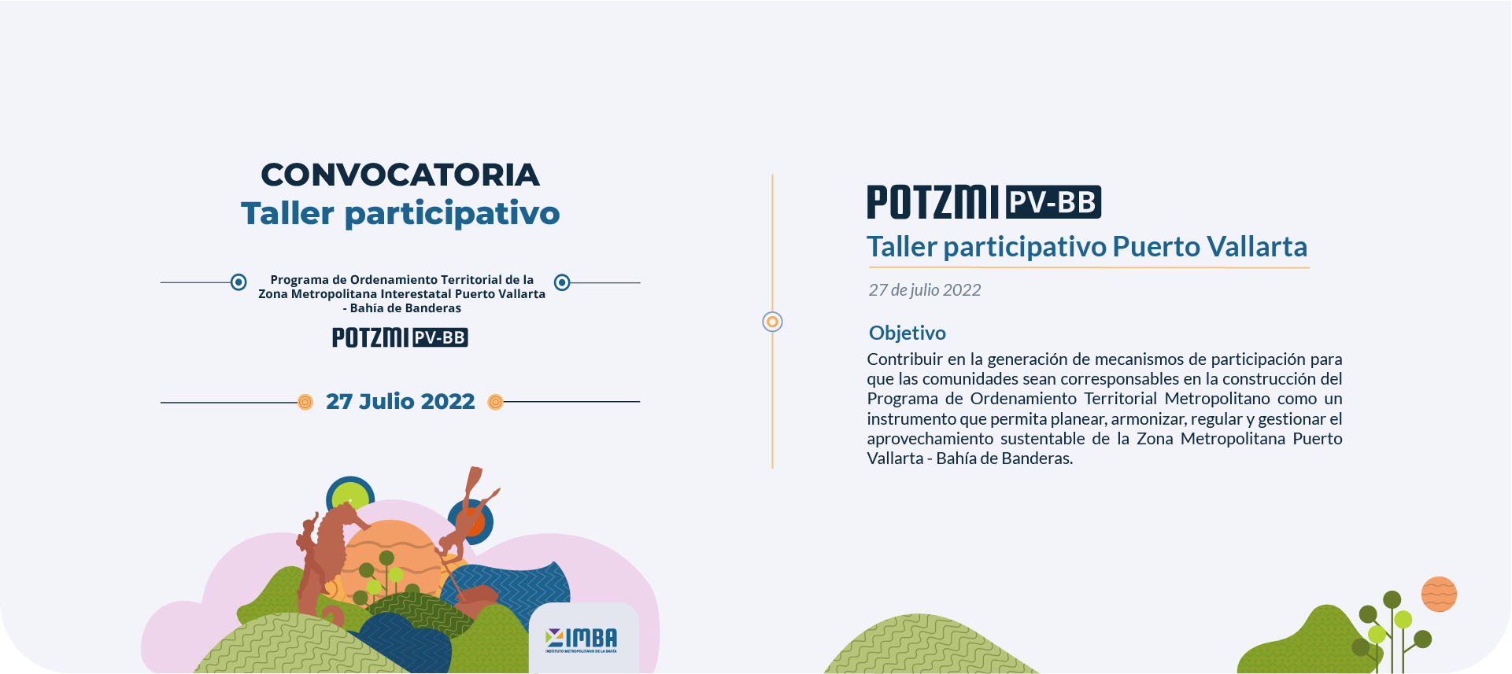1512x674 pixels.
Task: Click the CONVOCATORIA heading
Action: click(400, 175)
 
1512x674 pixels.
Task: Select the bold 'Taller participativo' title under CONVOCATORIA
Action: click(400, 214)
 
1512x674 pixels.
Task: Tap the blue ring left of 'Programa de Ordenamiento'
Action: click(238, 282)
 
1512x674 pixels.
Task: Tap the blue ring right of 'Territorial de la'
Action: click(562, 282)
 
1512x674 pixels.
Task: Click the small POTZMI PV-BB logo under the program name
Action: click(400, 337)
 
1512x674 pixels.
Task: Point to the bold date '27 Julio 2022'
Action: click(400, 402)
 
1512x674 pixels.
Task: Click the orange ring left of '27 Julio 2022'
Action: click(305, 403)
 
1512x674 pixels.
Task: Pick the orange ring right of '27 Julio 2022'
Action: click(495, 403)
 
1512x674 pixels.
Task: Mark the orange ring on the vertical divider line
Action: click(773, 322)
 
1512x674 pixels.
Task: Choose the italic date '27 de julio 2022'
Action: click(925, 290)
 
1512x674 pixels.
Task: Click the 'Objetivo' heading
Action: click(908, 333)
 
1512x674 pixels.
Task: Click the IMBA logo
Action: click(582, 639)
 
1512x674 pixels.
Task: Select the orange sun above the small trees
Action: click(1439, 594)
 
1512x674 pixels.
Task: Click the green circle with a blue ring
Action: click(350, 498)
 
